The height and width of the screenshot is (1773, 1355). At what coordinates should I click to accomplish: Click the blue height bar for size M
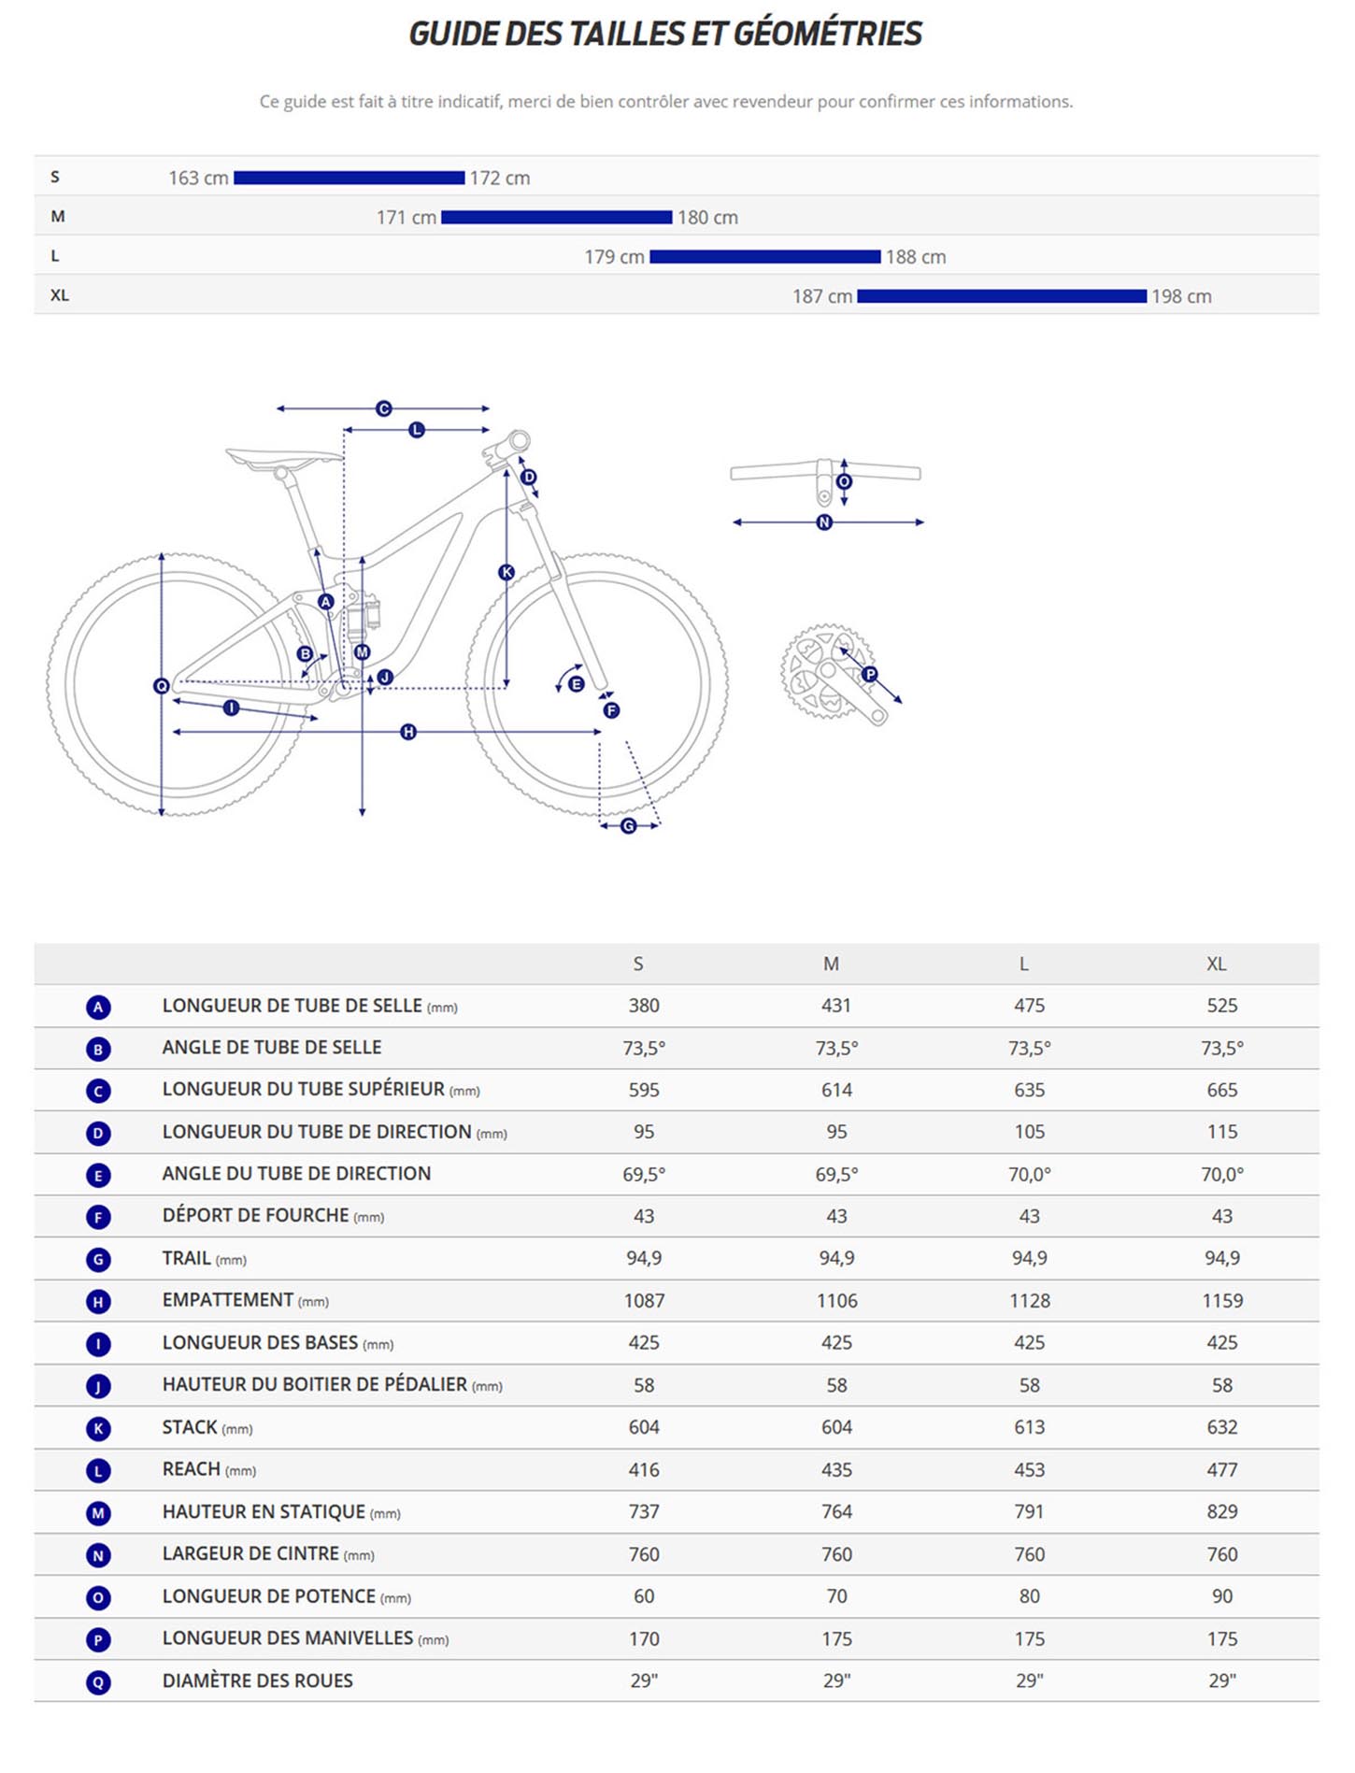(556, 217)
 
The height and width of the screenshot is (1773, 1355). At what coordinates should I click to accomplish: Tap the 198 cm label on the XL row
(1181, 296)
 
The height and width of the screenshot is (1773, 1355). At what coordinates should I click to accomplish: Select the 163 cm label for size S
(198, 178)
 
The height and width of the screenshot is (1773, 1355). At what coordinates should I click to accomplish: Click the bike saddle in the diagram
(282, 458)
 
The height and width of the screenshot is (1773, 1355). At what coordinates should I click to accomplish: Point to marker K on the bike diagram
(506, 572)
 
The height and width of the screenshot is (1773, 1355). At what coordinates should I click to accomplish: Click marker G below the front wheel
(628, 825)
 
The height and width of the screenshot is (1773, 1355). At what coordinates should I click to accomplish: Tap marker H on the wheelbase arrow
(408, 732)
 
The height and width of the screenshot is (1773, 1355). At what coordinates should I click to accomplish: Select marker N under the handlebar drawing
(824, 522)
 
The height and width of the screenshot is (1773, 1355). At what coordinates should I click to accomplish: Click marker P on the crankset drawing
(870, 674)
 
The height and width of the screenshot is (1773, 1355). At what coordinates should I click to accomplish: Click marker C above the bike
(383, 408)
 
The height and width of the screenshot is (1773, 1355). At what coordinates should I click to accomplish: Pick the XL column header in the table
(1216, 964)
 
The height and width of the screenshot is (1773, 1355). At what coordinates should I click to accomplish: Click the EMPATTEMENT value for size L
(1029, 1300)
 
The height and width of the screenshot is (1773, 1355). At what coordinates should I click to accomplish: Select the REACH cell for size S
(643, 1469)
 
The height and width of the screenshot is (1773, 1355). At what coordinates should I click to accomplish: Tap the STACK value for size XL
(1221, 1427)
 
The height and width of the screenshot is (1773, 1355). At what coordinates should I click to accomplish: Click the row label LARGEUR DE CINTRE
(250, 1553)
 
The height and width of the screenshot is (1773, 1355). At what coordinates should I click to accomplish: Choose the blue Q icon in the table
(98, 1681)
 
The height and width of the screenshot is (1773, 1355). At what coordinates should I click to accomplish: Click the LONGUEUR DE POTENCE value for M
(836, 1596)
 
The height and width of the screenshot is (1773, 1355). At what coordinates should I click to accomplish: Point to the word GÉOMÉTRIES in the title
(827, 34)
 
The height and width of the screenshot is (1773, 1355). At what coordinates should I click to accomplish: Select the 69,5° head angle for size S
(643, 1174)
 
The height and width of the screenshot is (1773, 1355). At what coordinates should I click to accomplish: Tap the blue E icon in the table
(98, 1175)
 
